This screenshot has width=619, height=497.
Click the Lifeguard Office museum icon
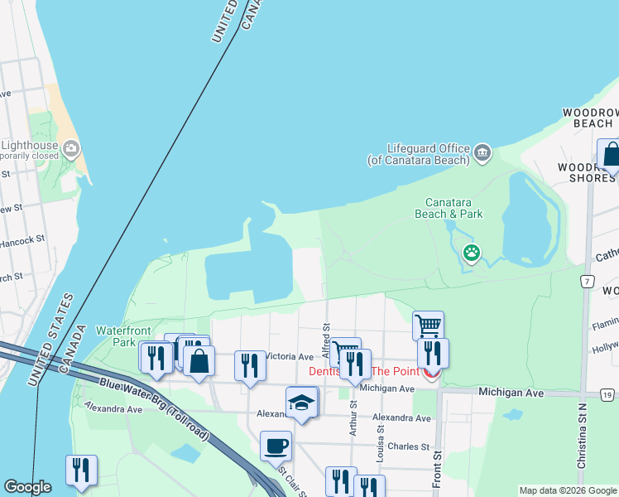coord(482,153)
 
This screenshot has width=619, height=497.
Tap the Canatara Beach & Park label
coord(448,208)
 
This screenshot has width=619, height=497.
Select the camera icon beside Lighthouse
coord(71,150)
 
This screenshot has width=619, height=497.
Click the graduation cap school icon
coord(302,403)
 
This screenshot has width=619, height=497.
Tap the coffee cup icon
coord(276,446)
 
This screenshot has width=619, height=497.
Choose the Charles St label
coord(409,446)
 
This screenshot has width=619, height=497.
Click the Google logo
coord(27,487)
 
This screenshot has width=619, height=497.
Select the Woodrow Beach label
coord(588,118)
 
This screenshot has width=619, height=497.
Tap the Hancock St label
coord(22,240)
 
